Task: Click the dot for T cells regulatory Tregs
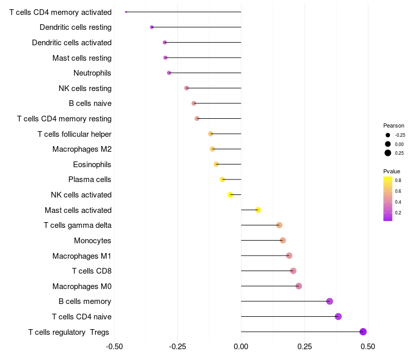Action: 363,332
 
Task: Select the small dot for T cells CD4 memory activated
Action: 126,12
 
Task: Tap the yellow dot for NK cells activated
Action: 230,195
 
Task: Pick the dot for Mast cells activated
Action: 258,210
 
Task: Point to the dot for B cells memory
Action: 329,301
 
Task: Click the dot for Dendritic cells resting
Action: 152,27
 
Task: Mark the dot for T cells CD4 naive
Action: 338,316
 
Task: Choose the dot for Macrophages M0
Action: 298,286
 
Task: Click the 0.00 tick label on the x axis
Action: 241,347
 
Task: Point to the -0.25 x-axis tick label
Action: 177,347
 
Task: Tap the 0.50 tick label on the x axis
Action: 368,347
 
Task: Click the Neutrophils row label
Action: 92,73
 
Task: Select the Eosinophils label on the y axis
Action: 92,165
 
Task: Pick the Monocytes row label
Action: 92,241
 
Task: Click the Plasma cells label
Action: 89,179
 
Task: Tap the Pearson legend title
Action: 394,125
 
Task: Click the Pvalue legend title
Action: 391,171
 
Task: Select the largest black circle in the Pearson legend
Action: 388,153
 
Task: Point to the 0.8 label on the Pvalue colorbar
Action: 398,181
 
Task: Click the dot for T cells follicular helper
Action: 211,134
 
